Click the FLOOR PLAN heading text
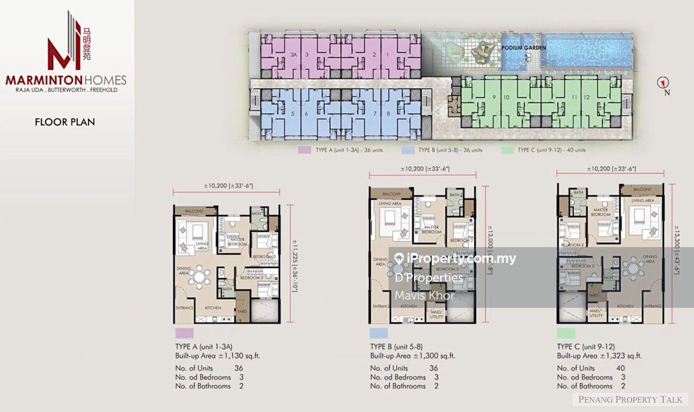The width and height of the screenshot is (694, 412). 65,122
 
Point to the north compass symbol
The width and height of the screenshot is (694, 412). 661,83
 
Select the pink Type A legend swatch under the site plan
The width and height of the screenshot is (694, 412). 302,150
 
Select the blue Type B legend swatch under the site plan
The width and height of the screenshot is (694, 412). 405,150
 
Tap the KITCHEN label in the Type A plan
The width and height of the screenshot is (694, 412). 212,308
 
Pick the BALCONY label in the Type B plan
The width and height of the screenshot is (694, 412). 391,194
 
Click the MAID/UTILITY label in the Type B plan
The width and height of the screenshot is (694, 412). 435,313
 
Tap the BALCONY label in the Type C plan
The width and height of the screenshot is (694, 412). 642,190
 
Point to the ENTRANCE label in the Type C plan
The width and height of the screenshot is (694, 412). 652,306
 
